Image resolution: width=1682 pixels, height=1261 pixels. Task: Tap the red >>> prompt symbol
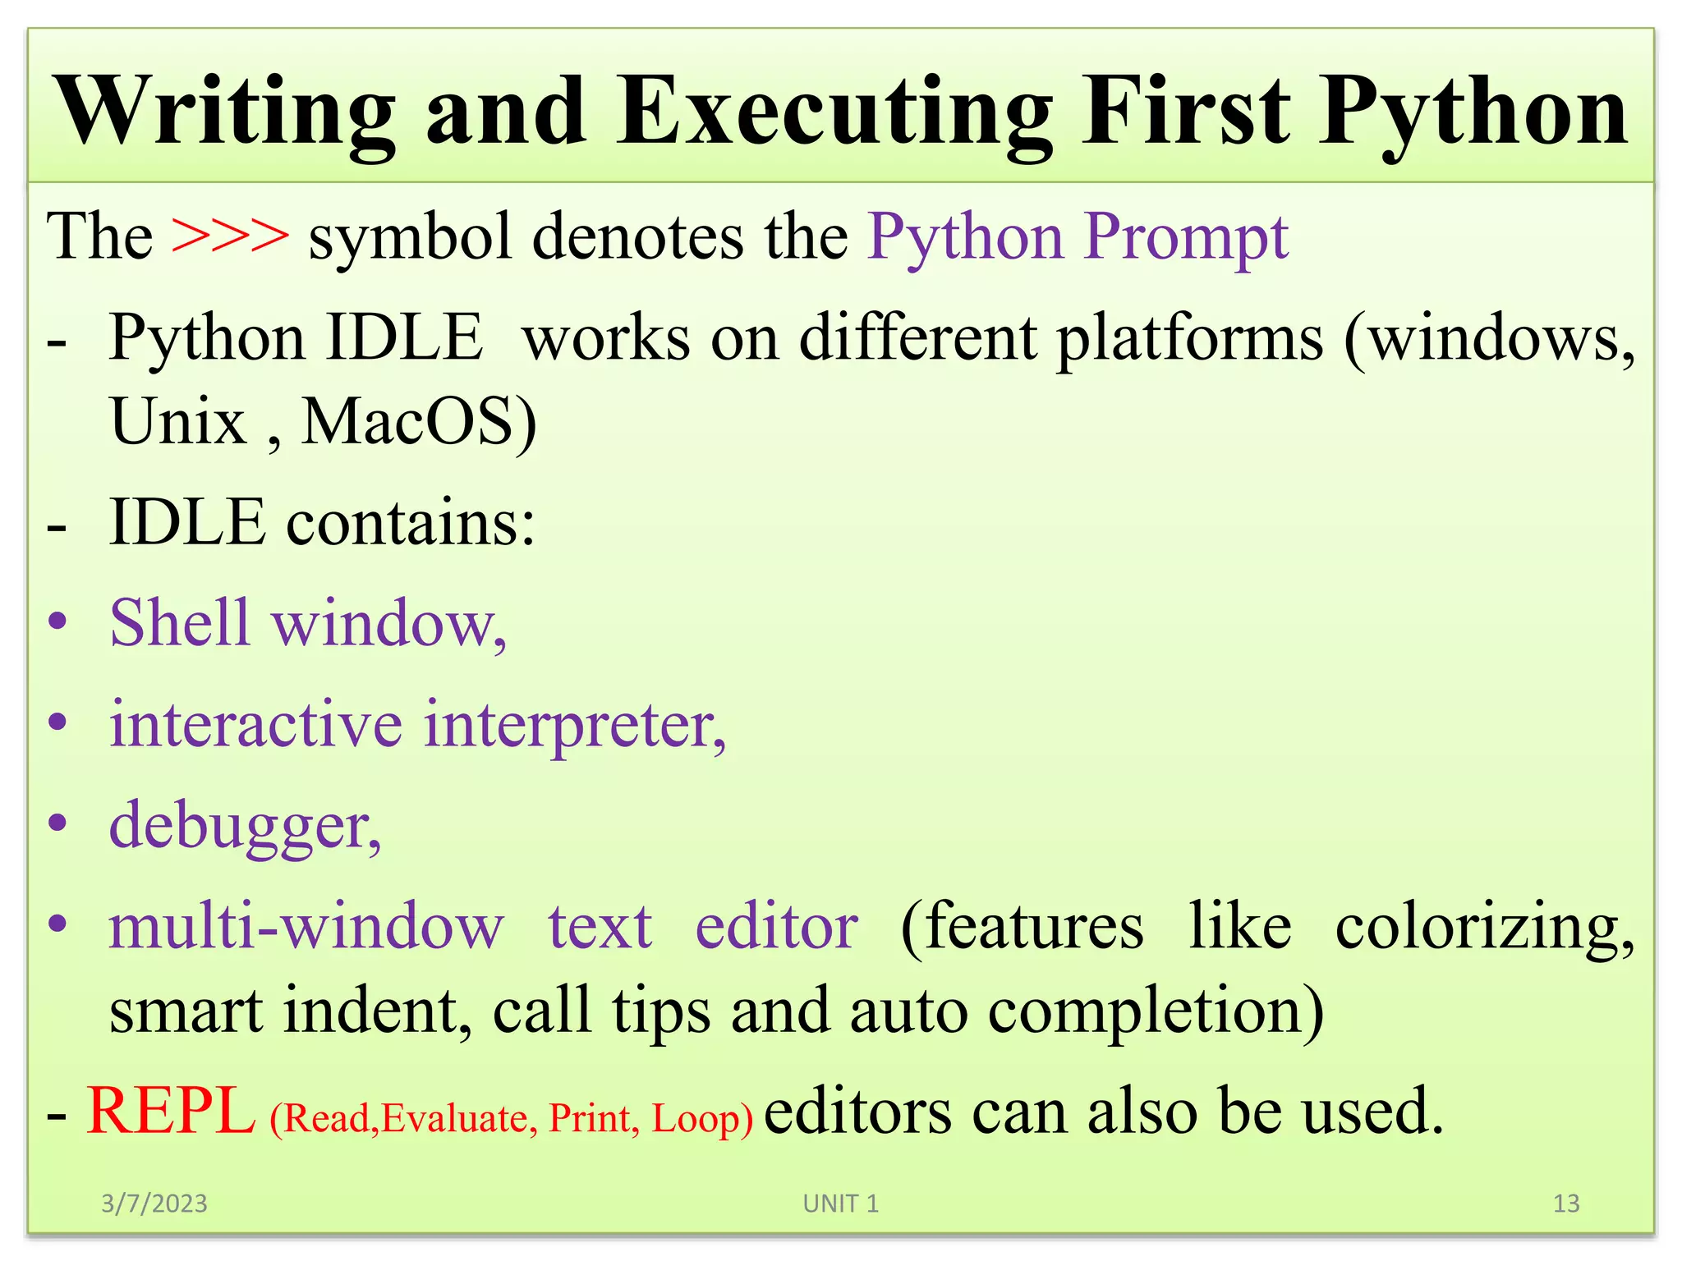click(230, 236)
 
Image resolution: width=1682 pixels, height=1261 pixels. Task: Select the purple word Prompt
click(1186, 238)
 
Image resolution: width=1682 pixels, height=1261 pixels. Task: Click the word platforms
click(1189, 339)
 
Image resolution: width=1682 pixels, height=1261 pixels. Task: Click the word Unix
click(178, 422)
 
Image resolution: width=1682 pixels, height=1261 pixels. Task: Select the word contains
click(410, 523)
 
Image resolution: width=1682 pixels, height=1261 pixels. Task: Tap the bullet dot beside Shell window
click(57, 622)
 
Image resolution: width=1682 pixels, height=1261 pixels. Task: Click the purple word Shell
click(179, 622)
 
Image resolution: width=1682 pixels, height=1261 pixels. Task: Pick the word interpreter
click(574, 725)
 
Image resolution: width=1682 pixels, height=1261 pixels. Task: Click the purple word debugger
click(244, 827)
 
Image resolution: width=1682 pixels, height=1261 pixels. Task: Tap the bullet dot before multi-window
click(57, 924)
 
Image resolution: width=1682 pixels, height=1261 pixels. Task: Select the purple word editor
click(776, 927)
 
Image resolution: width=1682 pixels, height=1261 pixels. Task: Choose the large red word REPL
click(171, 1112)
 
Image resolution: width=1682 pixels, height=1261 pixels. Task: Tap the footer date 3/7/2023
click(154, 1204)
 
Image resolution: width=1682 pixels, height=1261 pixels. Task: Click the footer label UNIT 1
click(840, 1204)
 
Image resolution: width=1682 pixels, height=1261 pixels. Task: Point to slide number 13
click(1565, 1204)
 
